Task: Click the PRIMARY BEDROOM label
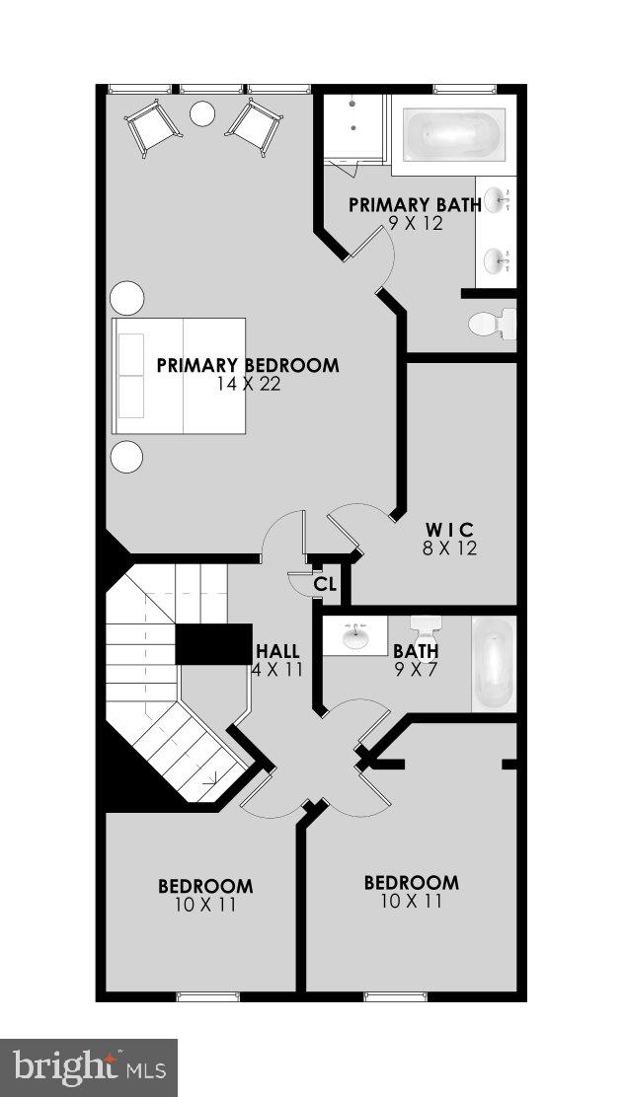248,365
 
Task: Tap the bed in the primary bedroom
179,376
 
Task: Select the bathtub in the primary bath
453,134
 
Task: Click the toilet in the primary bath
491,324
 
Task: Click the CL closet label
325,584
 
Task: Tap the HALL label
277,652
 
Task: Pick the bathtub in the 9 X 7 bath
493,664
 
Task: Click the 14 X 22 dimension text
249,384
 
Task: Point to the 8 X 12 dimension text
450,548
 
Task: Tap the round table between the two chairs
202,114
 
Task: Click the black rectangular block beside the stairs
213,643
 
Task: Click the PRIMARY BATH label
415,205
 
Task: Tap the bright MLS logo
88,1067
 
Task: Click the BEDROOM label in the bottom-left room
205,886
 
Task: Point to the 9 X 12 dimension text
416,223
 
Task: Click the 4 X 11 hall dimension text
277,670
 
